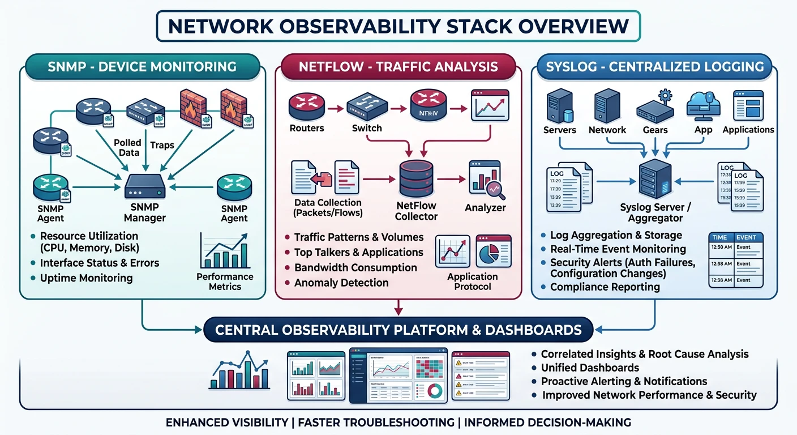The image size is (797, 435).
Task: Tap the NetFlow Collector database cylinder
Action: (416, 179)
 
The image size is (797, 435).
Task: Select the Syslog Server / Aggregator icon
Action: (655, 180)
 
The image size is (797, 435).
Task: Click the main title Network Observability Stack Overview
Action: (398, 26)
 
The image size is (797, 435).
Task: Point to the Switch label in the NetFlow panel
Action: (367, 128)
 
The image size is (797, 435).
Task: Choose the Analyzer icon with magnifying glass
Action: (486, 180)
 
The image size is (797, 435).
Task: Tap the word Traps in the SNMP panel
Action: (162, 146)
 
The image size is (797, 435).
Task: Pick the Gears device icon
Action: (655, 106)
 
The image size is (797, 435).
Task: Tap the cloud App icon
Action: (703, 105)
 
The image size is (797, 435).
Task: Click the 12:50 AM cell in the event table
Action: (721, 247)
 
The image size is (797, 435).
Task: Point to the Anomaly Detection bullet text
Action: (341, 283)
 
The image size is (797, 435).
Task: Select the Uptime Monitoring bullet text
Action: (86, 278)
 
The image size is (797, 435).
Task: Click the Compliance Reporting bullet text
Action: (605, 287)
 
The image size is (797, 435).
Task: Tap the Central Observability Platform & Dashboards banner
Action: (398, 330)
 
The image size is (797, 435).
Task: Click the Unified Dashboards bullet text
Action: (582, 368)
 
